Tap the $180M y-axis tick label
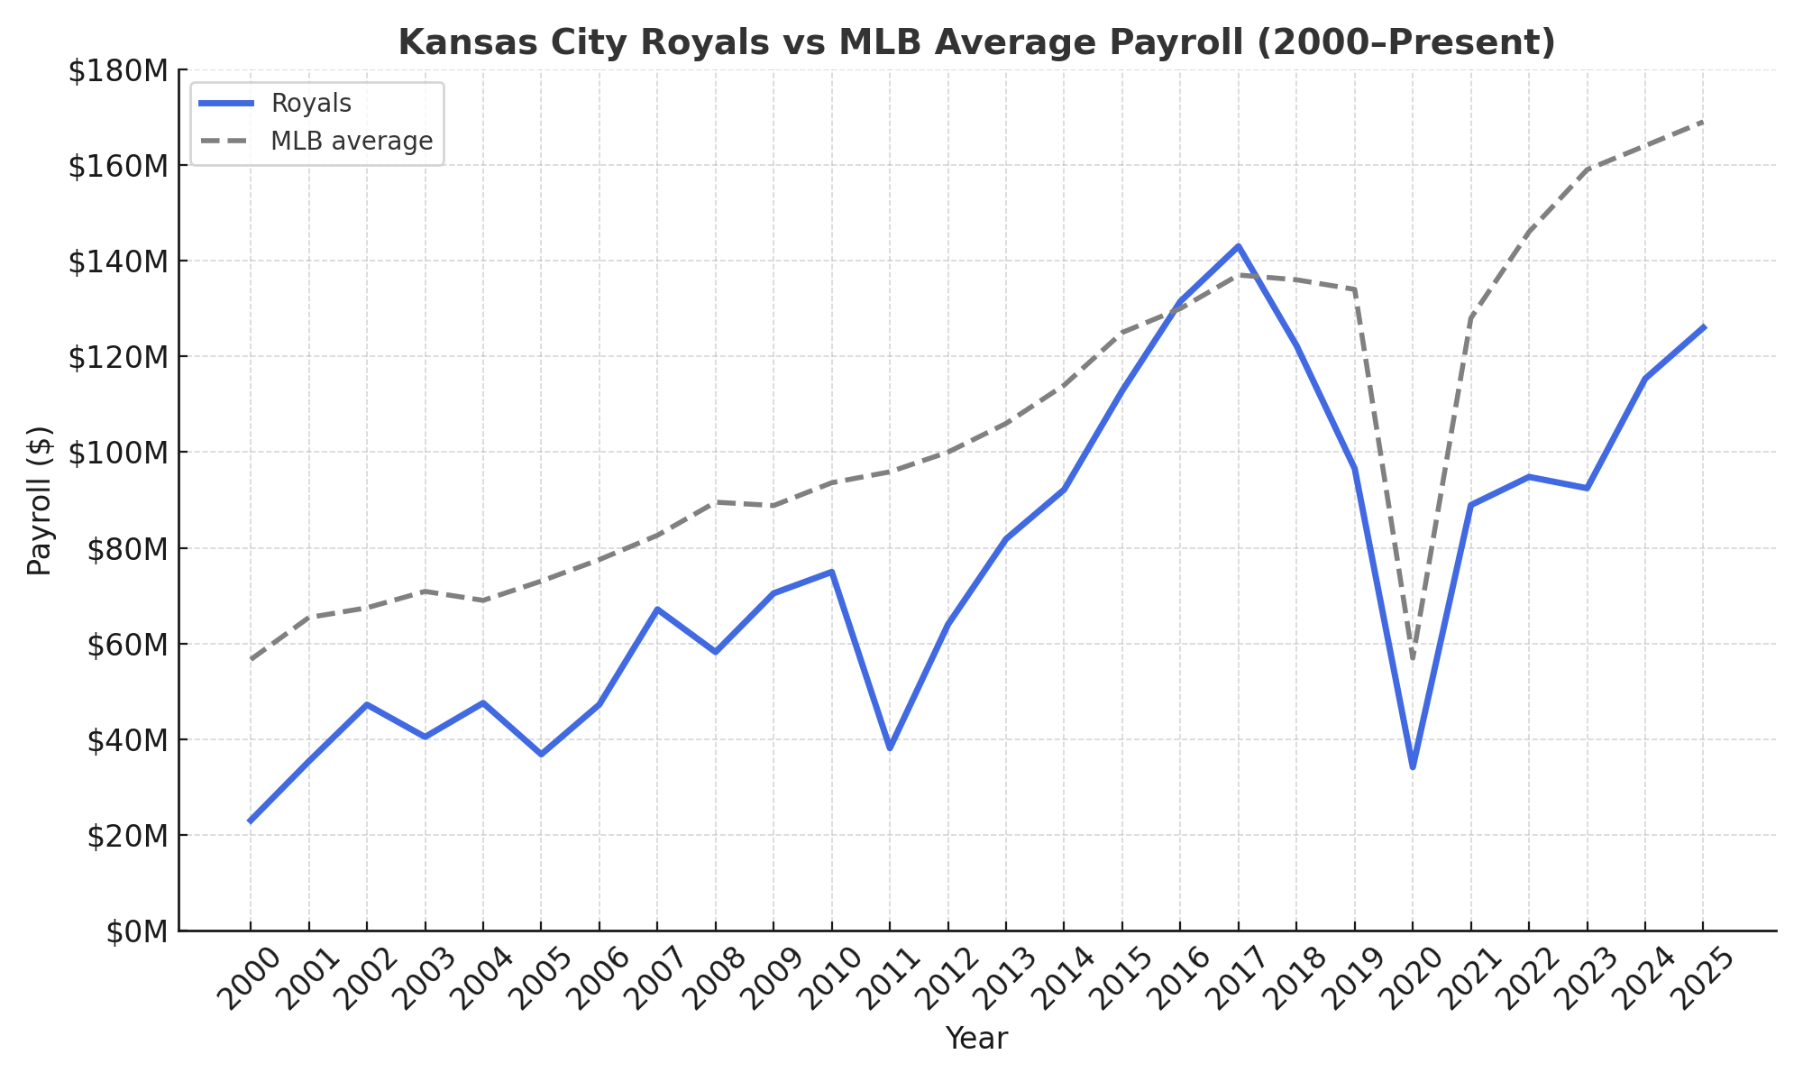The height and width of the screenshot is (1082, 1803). pos(118,70)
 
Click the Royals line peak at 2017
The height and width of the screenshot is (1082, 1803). pos(1239,246)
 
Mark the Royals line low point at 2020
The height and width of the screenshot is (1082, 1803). pos(1413,767)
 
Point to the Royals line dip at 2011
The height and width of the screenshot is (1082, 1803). pos(890,747)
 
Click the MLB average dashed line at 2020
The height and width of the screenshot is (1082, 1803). pos(1413,657)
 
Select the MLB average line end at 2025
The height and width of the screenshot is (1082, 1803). pos(1703,121)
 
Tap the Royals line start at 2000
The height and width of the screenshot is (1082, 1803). pos(251,821)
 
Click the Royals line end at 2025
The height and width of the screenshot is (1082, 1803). pos(1703,327)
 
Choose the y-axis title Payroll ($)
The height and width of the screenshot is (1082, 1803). pos(40,500)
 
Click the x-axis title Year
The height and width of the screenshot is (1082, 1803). pos(976,1039)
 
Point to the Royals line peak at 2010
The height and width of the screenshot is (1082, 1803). pos(831,572)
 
